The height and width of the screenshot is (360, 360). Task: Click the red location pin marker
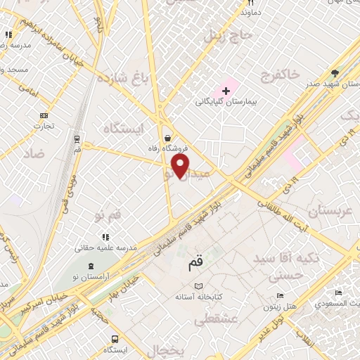pos(181,166)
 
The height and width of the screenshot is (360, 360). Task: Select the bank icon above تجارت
pos(45,115)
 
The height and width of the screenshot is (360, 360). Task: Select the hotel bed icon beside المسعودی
pos(339,293)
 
